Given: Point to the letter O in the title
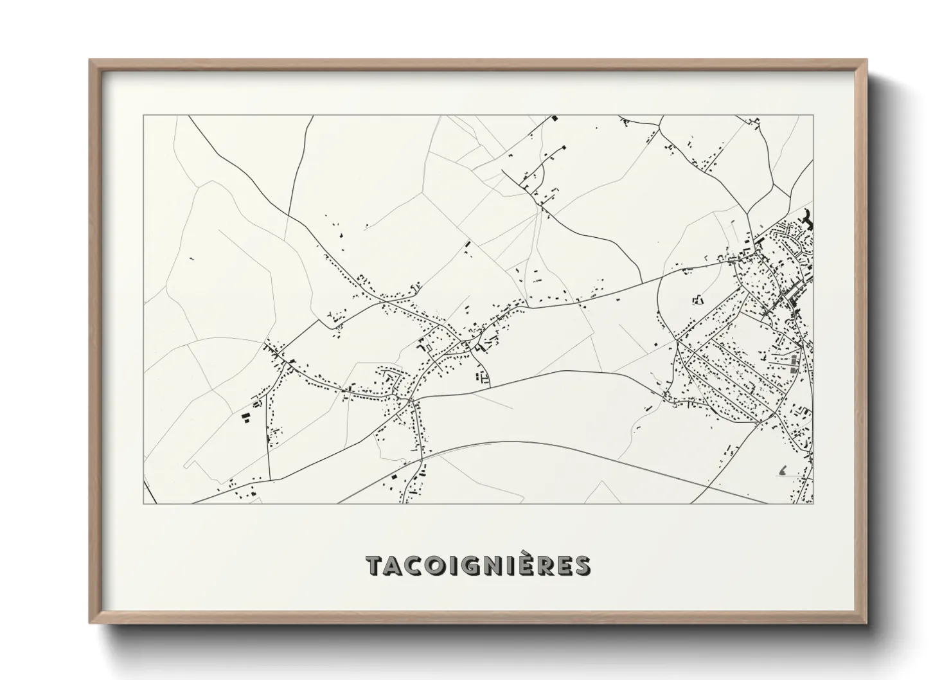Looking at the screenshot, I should (440, 566).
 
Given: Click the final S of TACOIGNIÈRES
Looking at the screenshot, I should (582, 566).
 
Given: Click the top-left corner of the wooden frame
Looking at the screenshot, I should (90, 60).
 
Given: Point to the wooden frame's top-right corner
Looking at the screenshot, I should (867, 60).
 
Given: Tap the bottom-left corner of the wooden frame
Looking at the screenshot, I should (90, 623).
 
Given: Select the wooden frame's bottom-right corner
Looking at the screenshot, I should (867, 623).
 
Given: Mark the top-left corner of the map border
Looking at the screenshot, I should (143, 116).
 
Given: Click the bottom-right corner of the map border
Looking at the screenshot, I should (813, 504).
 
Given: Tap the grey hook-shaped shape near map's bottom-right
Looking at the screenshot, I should (783, 471).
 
